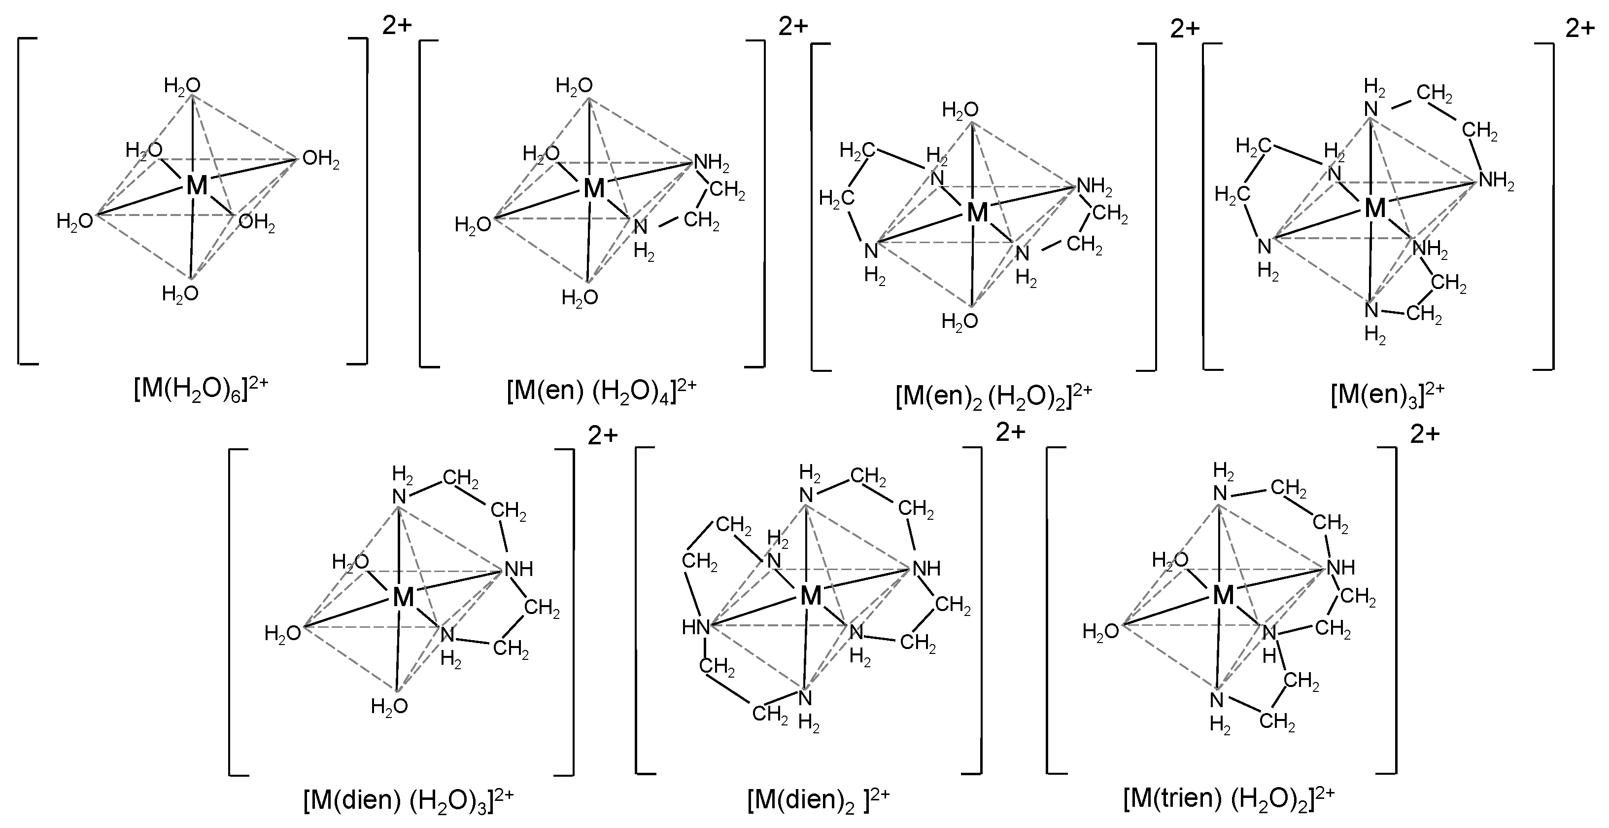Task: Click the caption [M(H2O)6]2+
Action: click(201, 391)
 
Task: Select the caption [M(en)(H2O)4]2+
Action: click(601, 393)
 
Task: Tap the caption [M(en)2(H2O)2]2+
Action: click(993, 397)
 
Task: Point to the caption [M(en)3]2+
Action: click(1387, 395)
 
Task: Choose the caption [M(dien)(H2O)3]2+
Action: click(409, 800)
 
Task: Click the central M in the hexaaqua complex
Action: click(197, 185)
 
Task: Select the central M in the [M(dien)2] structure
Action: click(811, 596)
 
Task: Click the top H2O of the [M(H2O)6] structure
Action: click(182, 86)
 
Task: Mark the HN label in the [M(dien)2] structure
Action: click(695, 627)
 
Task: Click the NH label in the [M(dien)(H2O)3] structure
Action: click(518, 569)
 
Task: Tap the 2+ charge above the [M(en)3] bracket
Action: click(1580, 28)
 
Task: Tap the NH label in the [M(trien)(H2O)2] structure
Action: click(1340, 568)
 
